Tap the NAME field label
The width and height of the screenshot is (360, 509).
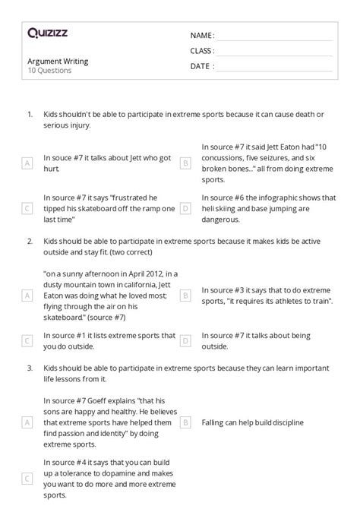click(x=201, y=35)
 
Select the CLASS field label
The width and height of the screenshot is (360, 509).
click(x=202, y=50)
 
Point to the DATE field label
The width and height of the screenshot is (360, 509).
click(x=201, y=66)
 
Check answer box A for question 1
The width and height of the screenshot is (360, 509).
click(x=27, y=163)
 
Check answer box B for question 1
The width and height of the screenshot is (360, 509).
click(x=185, y=163)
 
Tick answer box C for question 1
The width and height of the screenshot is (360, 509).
click(x=27, y=208)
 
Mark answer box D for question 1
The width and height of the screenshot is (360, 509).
click(x=185, y=208)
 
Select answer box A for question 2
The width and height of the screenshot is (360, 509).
click(x=27, y=294)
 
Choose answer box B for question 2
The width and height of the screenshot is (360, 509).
click(x=185, y=294)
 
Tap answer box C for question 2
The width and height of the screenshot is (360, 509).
click(x=27, y=340)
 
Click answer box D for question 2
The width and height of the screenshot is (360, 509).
click(x=185, y=340)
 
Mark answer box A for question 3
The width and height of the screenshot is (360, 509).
click(x=27, y=422)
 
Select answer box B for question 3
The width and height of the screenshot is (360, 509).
click(x=185, y=422)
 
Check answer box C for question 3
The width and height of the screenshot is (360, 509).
click(x=27, y=478)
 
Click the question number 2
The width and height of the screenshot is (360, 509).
click(x=29, y=241)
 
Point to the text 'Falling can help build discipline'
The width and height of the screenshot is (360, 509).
click(x=253, y=422)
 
